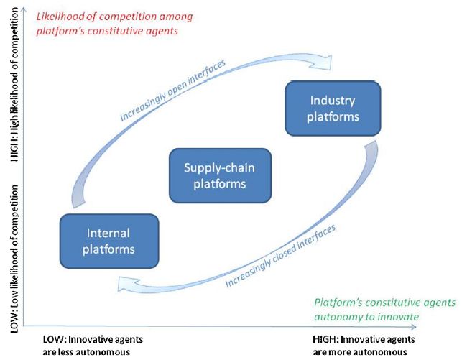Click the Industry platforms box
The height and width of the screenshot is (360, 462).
333,108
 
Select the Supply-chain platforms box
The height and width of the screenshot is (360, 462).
220,175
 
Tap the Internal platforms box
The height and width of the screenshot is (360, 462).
109,241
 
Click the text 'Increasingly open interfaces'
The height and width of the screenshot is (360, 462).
173,90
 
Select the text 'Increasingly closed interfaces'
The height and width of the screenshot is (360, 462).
280,256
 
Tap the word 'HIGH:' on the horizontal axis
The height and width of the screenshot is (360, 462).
325,340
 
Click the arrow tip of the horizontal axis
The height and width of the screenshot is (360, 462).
416,326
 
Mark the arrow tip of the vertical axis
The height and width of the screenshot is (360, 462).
24,8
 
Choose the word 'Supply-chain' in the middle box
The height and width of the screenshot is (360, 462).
219,168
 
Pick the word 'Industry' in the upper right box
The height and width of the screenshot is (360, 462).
333,101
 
